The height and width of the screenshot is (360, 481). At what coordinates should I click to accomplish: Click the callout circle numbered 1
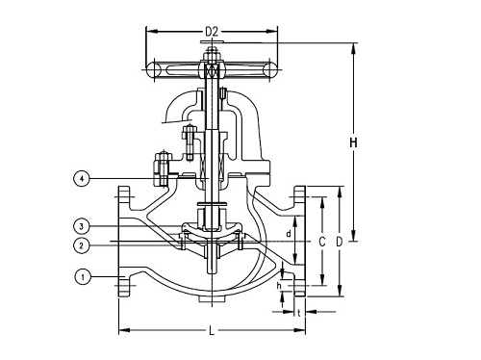point(82,277)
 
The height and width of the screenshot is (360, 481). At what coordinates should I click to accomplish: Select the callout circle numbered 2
point(82,244)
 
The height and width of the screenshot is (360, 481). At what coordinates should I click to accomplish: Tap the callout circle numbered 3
point(82,225)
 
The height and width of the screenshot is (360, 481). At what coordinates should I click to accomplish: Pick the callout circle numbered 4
point(82,178)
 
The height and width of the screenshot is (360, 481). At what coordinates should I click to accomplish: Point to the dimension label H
point(353,143)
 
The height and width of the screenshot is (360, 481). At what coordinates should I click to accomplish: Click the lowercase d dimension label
point(289,234)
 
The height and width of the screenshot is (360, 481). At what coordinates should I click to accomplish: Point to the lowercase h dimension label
point(280,285)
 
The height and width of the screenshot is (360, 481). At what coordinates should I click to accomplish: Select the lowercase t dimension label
point(299,312)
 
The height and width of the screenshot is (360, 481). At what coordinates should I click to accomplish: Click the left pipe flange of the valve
point(125,241)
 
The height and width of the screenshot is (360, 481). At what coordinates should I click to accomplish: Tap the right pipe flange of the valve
point(300,241)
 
